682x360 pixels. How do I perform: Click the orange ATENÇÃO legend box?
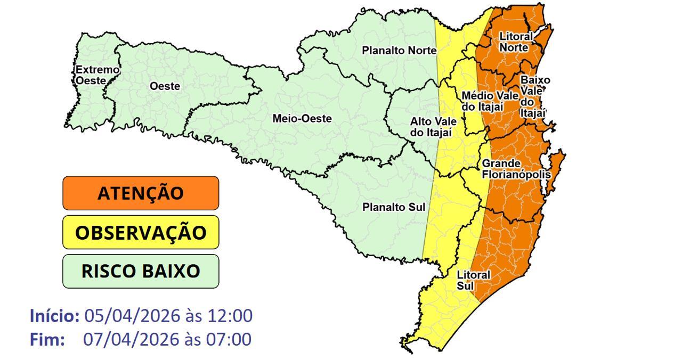point(141,193)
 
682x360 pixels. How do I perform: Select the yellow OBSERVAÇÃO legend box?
point(141,232)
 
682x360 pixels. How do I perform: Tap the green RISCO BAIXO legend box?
point(141,271)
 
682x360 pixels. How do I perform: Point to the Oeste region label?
point(165,86)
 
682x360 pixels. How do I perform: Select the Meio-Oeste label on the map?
point(302,119)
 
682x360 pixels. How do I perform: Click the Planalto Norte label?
point(399,51)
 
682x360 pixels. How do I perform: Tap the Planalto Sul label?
point(394,207)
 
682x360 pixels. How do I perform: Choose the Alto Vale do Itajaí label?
point(433,127)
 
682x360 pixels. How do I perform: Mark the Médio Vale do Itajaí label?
point(490,101)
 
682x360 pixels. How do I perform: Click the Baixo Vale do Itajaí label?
point(534,96)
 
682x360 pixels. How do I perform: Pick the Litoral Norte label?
point(516,42)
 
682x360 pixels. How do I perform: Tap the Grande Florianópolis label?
point(516,169)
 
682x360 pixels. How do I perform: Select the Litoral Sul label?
point(473,280)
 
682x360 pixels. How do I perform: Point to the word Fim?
point(47,339)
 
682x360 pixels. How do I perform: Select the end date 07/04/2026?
point(131,339)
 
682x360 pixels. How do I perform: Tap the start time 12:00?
point(229,316)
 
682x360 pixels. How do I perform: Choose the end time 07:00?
point(229,339)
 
